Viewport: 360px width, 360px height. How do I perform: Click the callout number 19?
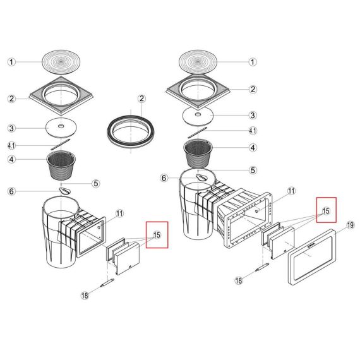[x=351, y=225]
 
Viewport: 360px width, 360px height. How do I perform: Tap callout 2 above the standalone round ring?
[x=141, y=99]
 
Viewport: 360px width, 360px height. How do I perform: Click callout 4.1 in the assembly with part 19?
[x=253, y=131]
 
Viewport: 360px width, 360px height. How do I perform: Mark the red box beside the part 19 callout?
[x=327, y=210]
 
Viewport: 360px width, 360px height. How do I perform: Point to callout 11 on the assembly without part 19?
[x=119, y=213]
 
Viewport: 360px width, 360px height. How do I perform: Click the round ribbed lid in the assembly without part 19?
[x=61, y=62]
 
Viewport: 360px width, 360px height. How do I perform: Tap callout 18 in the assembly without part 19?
[x=85, y=295]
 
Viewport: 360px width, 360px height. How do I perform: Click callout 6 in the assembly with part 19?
[x=164, y=178]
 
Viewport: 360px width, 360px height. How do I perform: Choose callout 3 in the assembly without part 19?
[x=11, y=128]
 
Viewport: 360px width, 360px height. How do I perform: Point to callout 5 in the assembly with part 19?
[x=253, y=170]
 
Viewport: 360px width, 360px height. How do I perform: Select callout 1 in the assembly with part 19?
[x=253, y=62]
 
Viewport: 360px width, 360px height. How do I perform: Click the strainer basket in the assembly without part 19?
[x=61, y=165]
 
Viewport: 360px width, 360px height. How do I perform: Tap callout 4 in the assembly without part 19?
[x=11, y=159]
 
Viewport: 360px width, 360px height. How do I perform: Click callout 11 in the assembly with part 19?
[x=291, y=191]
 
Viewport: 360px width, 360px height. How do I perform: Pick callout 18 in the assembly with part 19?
[x=239, y=280]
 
